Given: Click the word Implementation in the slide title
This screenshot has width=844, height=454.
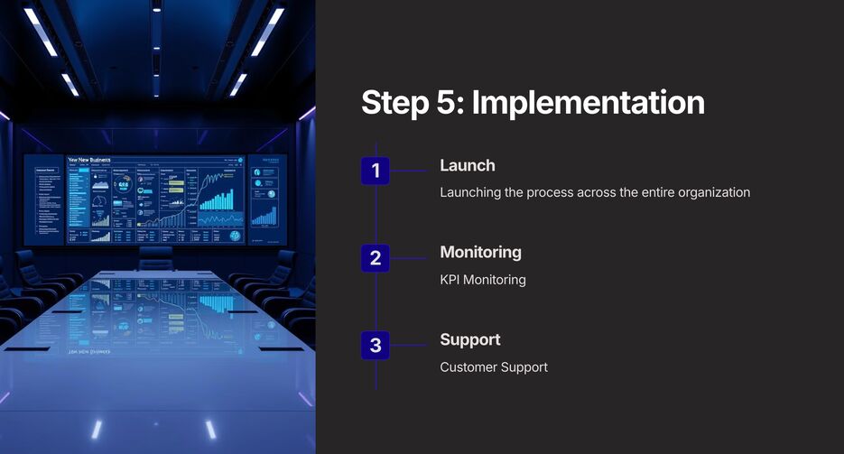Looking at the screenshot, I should click(x=588, y=102).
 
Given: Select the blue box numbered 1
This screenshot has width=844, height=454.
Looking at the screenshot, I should click(x=376, y=171).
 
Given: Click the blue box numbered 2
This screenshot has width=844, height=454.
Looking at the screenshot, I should click(x=376, y=258).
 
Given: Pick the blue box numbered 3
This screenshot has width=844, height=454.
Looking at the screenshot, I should click(x=376, y=345).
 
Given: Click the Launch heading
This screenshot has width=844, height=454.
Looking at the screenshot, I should click(x=467, y=165).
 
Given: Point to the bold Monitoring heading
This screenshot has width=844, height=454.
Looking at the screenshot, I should click(x=480, y=253).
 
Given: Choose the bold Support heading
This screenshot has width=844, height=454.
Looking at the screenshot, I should click(x=469, y=339).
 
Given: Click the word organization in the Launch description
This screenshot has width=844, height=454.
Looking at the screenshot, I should click(x=709, y=192).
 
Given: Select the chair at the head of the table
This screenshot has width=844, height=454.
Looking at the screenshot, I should click(x=155, y=258).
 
